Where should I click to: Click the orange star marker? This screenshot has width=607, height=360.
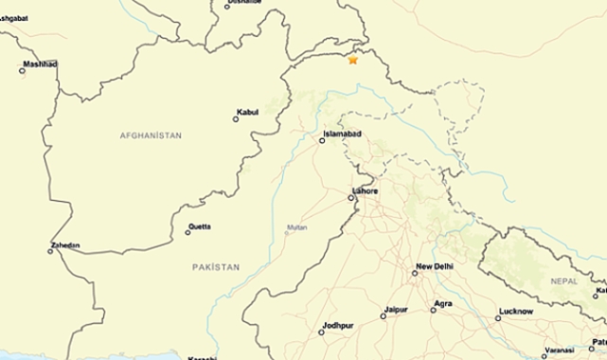point(353,60)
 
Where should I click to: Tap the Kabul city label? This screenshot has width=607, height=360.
point(248,112)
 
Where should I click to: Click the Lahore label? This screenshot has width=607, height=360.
point(365,190)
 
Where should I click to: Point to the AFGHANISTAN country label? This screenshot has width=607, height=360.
point(151,136)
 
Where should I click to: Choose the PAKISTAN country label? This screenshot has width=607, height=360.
point(216,267)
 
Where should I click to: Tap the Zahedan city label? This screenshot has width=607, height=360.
point(65,245)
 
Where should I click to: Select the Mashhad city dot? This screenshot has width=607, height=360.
point(23,70)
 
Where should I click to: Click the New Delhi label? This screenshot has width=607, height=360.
point(436,267)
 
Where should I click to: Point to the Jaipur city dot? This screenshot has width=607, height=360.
point(384,315)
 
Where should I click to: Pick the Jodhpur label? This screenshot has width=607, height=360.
point(337,326)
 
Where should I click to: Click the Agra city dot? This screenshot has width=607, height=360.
point(433,310)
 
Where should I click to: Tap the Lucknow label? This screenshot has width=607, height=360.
point(515,312)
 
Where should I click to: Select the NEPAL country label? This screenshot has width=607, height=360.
point(563,281)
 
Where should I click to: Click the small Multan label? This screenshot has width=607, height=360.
point(297,227)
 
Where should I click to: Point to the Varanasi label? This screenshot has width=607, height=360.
point(560,350)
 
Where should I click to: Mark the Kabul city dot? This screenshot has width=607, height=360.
point(236,118)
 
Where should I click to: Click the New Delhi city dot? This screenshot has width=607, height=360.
point(415,273)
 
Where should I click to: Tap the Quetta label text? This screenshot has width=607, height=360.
point(200,226)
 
